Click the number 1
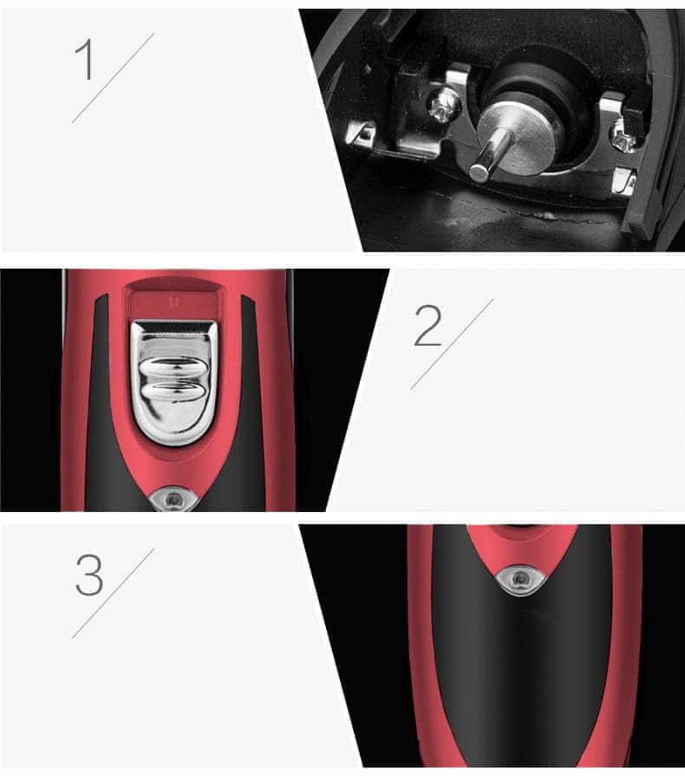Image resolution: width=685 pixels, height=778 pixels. [x=84, y=59]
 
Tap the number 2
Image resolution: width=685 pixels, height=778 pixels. [x=427, y=326]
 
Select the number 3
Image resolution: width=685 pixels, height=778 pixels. [x=89, y=575]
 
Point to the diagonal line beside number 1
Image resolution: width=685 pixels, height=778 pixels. [x=114, y=78]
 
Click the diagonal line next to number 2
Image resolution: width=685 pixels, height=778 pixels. [x=452, y=344]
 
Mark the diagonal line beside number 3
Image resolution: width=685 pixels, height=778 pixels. [x=114, y=593]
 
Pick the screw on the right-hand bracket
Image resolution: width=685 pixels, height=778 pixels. [x=622, y=137]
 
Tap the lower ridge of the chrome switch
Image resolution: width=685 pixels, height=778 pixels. [x=173, y=392]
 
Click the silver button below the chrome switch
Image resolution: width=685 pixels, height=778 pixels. [x=173, y=499]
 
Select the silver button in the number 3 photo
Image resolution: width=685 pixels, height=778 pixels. [x=520, y=579]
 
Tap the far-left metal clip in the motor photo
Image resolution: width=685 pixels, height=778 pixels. [x=362, y=134]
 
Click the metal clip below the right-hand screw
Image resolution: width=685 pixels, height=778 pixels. [x=624, y=180]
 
